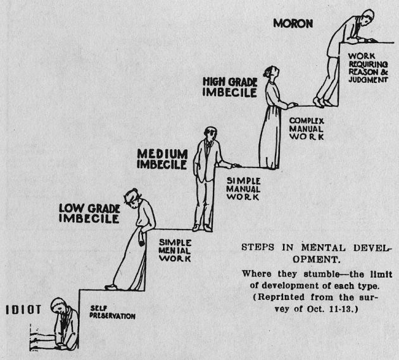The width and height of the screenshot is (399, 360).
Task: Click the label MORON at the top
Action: coord(293,23)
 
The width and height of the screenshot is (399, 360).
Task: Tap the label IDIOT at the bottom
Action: coord(23,309)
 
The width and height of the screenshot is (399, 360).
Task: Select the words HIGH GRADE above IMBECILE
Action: coord(230,82)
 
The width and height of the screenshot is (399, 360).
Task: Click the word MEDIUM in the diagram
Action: coord(162,154)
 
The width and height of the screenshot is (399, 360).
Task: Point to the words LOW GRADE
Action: coord(89,209)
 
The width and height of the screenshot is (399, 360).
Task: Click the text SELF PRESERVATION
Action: coord(113,313)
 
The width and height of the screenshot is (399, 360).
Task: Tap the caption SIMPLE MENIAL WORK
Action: coord(175,251)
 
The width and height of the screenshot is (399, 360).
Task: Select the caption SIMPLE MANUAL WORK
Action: coord(243,189)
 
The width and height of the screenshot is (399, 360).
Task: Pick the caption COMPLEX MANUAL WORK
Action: coord(307,128)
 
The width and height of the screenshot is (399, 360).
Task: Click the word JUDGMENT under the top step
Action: coord(368,80)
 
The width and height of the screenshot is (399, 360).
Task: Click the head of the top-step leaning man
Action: coord(368,17)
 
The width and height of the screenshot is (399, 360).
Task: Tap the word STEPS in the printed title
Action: coord(258,247)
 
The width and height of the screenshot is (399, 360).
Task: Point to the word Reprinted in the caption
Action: coord(281,297)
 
